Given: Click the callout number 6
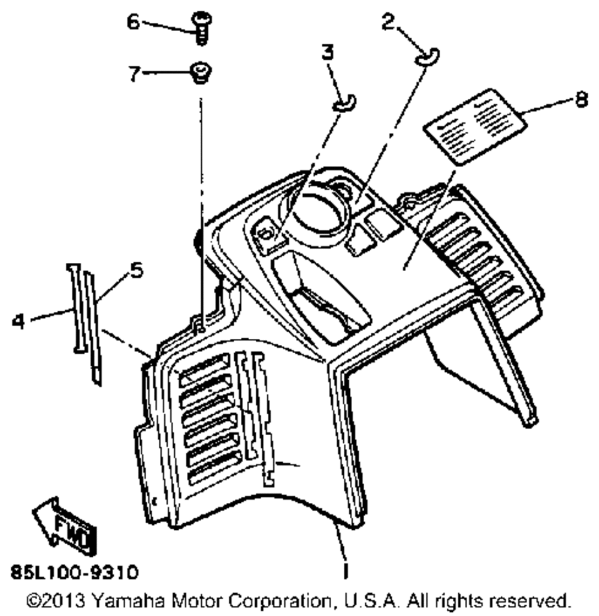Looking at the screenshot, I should point(132,22).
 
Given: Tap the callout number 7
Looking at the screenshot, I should point(134,74).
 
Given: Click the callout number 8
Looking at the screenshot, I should point(579,99).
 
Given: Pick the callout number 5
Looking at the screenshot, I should point(137,271).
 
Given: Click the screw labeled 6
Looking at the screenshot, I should point(201,28).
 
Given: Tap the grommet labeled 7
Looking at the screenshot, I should point(199,75).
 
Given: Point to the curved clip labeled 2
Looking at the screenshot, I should point(427,56).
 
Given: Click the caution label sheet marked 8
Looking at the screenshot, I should point(474,126).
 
